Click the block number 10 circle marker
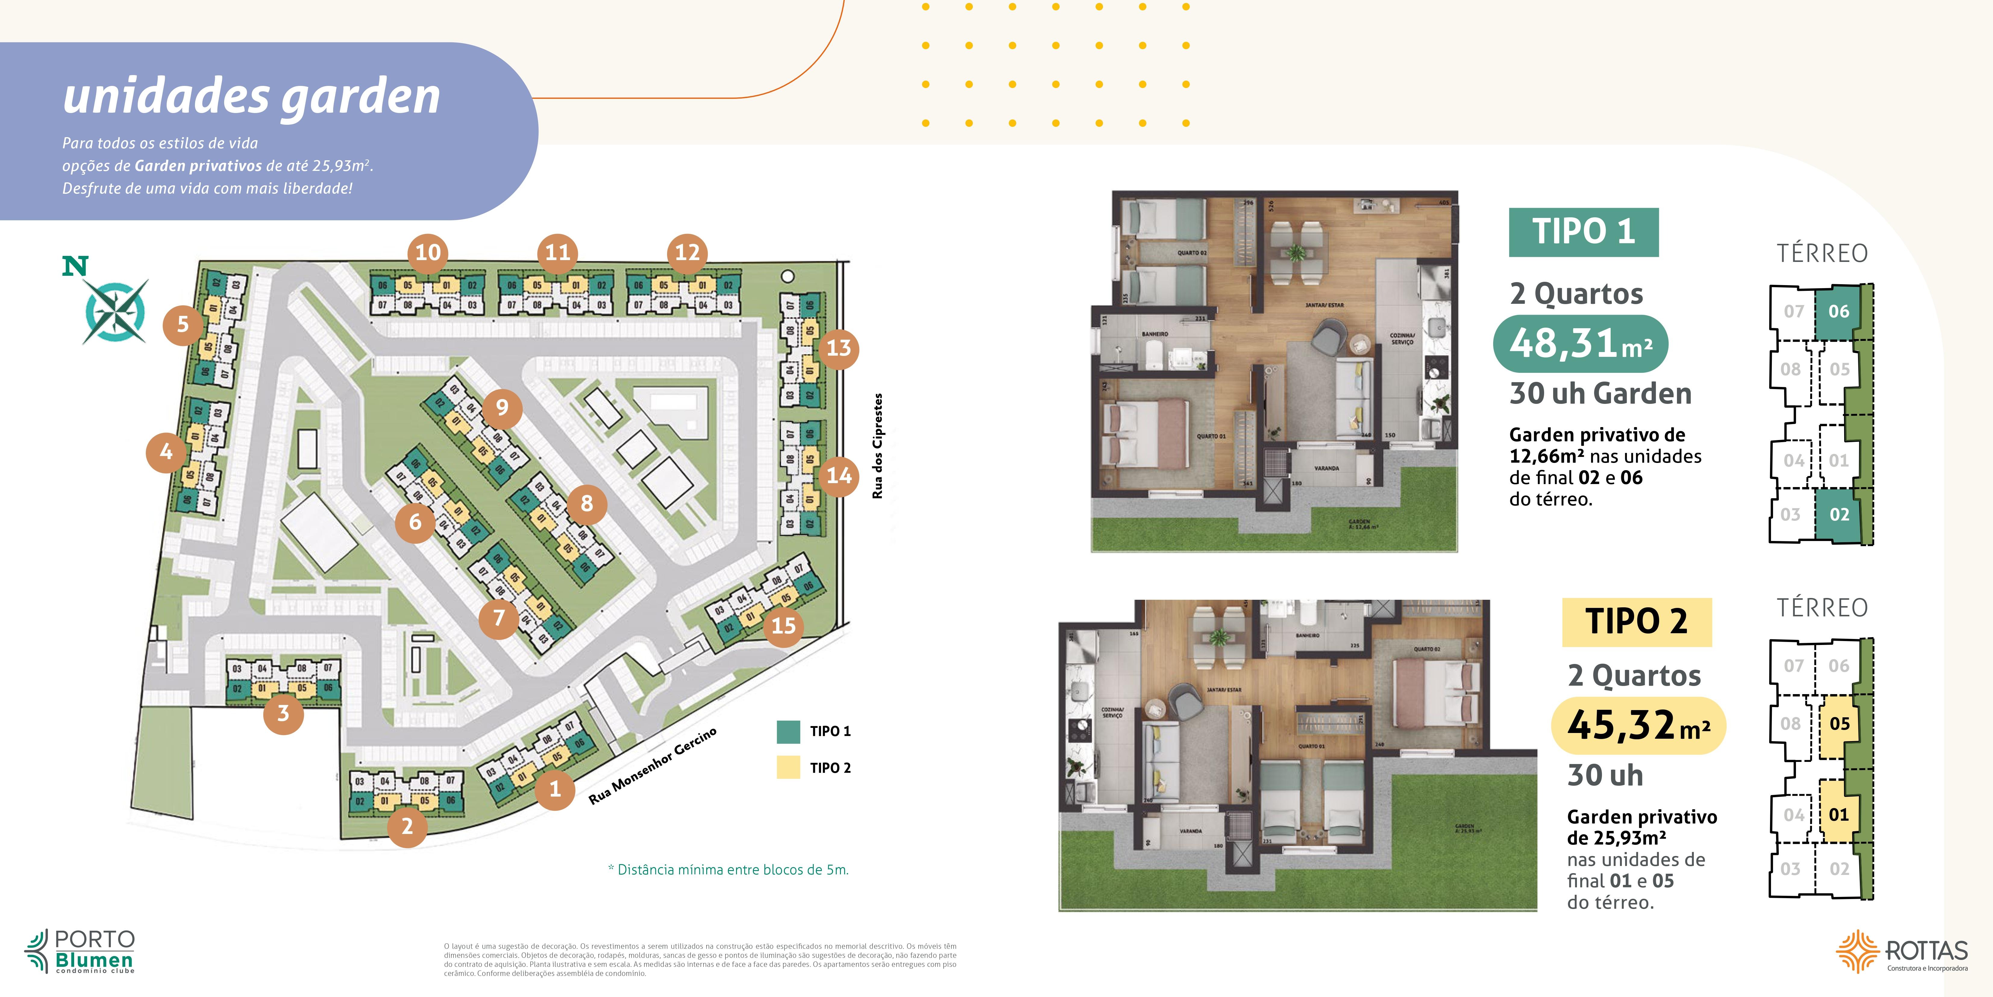pos(428,252)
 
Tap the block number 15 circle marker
pos(783,625)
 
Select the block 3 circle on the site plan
pos(283,713)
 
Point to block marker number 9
pos(502,407)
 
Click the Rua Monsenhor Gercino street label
pos(652,766)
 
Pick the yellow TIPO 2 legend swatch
pos(788,767)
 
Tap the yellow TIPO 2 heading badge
pos(1636,621)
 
